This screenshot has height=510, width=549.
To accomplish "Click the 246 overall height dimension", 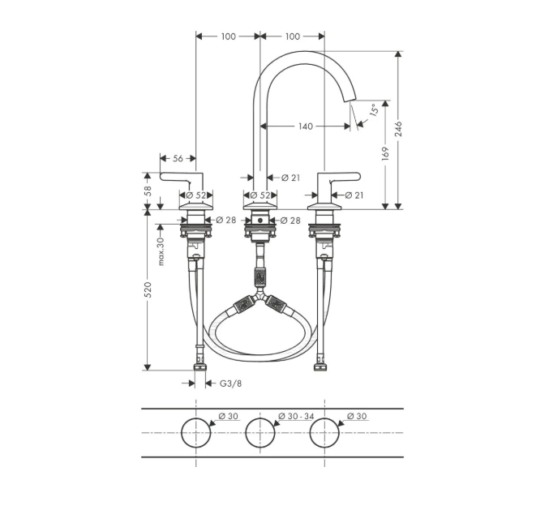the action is pyautogui.click(x=399, y=130).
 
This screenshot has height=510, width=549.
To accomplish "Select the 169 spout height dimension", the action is pyautogui.click(x=385, y=154).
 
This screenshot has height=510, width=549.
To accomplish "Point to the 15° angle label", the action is pyautogui.click(x=374, y=109).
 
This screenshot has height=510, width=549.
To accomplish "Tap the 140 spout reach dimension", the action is pyautogui.click(x=305, y=126).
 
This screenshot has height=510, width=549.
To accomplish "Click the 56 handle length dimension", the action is pyautogui.click(x=178, y=159).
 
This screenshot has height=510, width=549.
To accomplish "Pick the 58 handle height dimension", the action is pyautogui.click(x=148, y=191).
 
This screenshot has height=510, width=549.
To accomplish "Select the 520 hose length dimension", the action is pyautogui.click(x=148, y=289).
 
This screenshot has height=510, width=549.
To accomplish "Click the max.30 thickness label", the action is pyautogui.click(x=161, y=251).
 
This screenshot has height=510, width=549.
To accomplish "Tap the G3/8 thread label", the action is pyautogui.click(x=230, y=384).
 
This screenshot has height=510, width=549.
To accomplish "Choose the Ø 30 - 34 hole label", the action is pyautogui.click(x=296, y=416).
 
